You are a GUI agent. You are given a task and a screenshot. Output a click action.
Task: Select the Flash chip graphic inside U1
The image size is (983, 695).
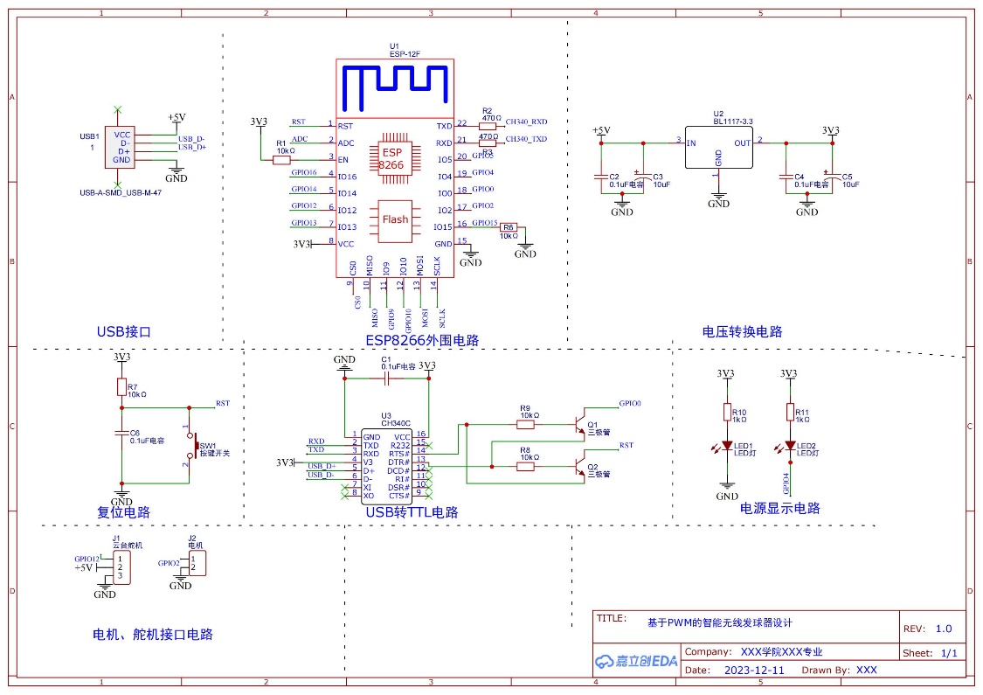[x=395, y=219]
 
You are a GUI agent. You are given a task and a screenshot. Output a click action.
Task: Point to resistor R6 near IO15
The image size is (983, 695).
[x=509, y=226]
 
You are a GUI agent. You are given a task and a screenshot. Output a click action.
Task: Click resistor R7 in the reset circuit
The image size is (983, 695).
[x=121, y=386]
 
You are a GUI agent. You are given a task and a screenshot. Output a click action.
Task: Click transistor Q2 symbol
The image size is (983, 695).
[x=578, y=467]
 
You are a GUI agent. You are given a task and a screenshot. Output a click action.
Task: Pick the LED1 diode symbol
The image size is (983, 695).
[x=726, y=447]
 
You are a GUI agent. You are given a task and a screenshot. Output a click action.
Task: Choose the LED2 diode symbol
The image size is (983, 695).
[x=790, y=447]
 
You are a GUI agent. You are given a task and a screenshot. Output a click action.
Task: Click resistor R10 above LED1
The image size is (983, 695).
[x=726, y=412]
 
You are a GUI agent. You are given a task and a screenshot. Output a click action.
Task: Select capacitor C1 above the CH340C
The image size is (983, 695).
[x=386, y=379]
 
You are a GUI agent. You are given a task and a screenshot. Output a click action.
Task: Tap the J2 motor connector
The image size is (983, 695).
[x=197, y=564]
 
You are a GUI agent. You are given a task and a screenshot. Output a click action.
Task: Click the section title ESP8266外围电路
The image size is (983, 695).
[x=422, y=340]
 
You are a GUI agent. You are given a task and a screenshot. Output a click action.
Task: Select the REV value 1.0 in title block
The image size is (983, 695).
[x=944, y=628]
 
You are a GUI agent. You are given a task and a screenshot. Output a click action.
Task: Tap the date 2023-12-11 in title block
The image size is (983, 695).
[x=755, y=671]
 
